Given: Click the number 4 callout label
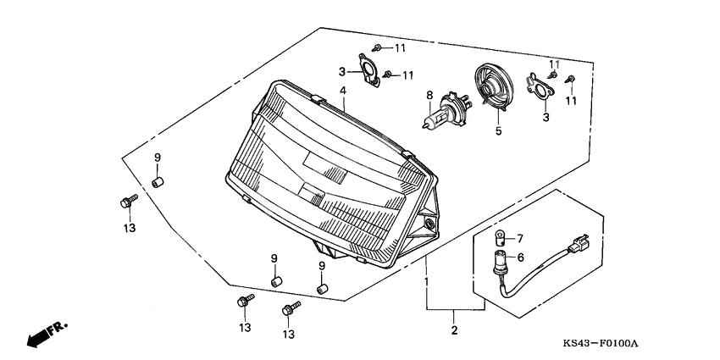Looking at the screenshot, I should click(343, 91).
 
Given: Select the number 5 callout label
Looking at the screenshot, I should click(498, 131).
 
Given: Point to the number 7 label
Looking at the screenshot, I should click(520, 238).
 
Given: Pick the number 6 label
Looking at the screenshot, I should click(520, 258).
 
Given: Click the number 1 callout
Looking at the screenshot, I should click(427, 280).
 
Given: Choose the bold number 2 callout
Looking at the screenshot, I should click(454, 330).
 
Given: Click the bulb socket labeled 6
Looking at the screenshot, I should click(500, 258).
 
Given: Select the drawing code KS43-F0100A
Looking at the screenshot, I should click(600, 344).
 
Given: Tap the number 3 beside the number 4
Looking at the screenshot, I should click(342, 71).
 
